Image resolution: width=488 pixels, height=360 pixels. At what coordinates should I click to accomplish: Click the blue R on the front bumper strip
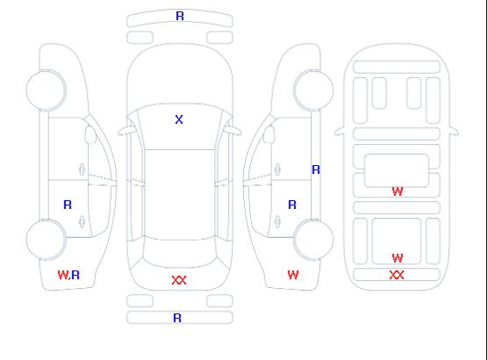tap(180, 16)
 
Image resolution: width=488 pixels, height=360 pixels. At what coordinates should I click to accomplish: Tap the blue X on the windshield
tap(179, 119)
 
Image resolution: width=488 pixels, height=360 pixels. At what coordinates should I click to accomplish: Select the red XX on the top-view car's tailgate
tap(179, 280)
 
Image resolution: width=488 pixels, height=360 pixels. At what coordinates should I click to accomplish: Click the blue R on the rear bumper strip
tap(177, 318)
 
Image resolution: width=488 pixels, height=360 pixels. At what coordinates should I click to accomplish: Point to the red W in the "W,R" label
tap(63, 275)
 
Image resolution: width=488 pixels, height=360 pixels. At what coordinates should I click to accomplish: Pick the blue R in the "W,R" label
tap(75, 275)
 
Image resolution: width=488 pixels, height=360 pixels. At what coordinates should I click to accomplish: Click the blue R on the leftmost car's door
tap(68, 205)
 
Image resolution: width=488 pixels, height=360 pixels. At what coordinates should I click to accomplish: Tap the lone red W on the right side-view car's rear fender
tap(293, 275)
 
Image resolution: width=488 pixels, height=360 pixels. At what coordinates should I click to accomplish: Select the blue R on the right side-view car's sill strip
tap(316, 169)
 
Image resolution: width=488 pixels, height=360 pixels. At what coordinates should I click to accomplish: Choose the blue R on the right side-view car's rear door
tap(292, 205)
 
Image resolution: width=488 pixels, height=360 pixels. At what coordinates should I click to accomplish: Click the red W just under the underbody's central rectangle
tap(398, 191)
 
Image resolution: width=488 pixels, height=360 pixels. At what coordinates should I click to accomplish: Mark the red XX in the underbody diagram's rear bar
tap(397, 275)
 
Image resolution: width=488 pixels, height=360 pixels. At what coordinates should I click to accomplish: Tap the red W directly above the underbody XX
tap(398, 258)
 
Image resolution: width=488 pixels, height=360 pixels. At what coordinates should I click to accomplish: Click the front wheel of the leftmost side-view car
tap(46, 90)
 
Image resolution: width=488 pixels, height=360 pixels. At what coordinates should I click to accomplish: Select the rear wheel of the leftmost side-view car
tap(46, 240)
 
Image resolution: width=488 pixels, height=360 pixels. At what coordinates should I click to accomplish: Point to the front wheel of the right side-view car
tap(313, 90)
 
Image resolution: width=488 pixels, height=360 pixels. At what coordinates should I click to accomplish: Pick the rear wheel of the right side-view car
tap(313, 239)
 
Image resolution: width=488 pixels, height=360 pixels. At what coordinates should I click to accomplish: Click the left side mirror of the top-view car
tap(126, 131)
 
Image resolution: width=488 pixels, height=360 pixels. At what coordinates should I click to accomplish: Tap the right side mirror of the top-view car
tap(233, 131)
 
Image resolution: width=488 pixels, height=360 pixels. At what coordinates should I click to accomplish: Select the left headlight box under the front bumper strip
tap(140, 38)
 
